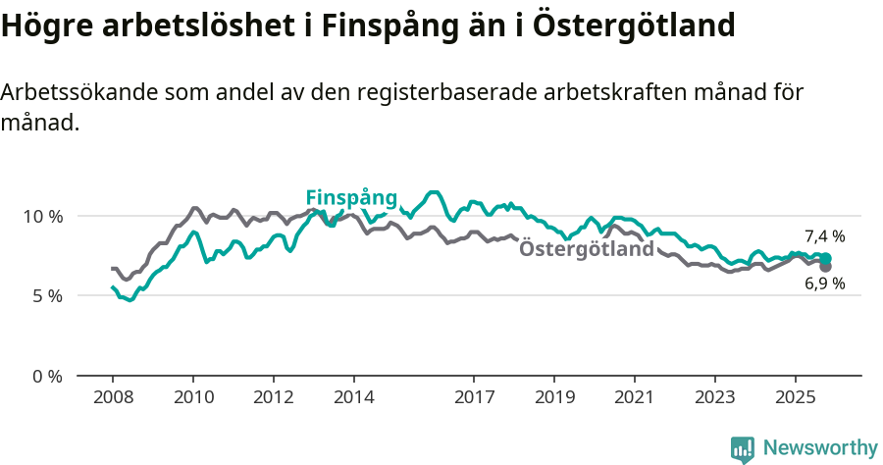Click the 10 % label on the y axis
[x=43, y=216]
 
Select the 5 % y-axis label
[x=47, y=296]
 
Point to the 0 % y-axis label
[x=47, y=377]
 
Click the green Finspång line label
[x=351, y=197]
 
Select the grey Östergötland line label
[x=586, y=249]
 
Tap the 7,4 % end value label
[x=824, y=236]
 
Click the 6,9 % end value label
[x=824, y=284]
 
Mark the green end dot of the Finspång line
[x=826, y=258]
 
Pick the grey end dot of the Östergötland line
[x=826, y=267]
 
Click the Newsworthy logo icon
[x=743, y=448]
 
